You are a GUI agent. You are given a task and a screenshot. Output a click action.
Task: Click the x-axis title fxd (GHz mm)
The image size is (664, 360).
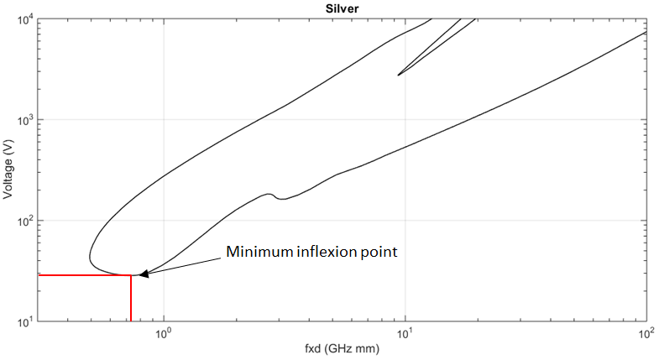(x=342, y=349)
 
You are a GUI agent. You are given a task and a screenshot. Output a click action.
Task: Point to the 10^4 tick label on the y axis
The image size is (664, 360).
(x=24, y=19)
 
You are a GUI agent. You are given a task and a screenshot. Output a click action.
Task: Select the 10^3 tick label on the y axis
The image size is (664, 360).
(x=24, y=120)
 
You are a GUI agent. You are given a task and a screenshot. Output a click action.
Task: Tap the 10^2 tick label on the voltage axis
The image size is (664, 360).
(x=24, y=221)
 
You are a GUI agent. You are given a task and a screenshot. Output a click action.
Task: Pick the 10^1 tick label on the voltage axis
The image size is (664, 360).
(x=24, y=321)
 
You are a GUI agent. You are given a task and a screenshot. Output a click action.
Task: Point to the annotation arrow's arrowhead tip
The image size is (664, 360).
(x=139, y=274)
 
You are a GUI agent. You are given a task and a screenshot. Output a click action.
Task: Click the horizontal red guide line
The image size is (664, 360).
(x=84, y=274)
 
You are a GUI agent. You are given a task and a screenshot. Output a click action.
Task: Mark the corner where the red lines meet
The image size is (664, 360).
(x=131, y=274)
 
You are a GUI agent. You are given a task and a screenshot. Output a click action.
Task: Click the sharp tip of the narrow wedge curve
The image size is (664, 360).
(x=398, y=75)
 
